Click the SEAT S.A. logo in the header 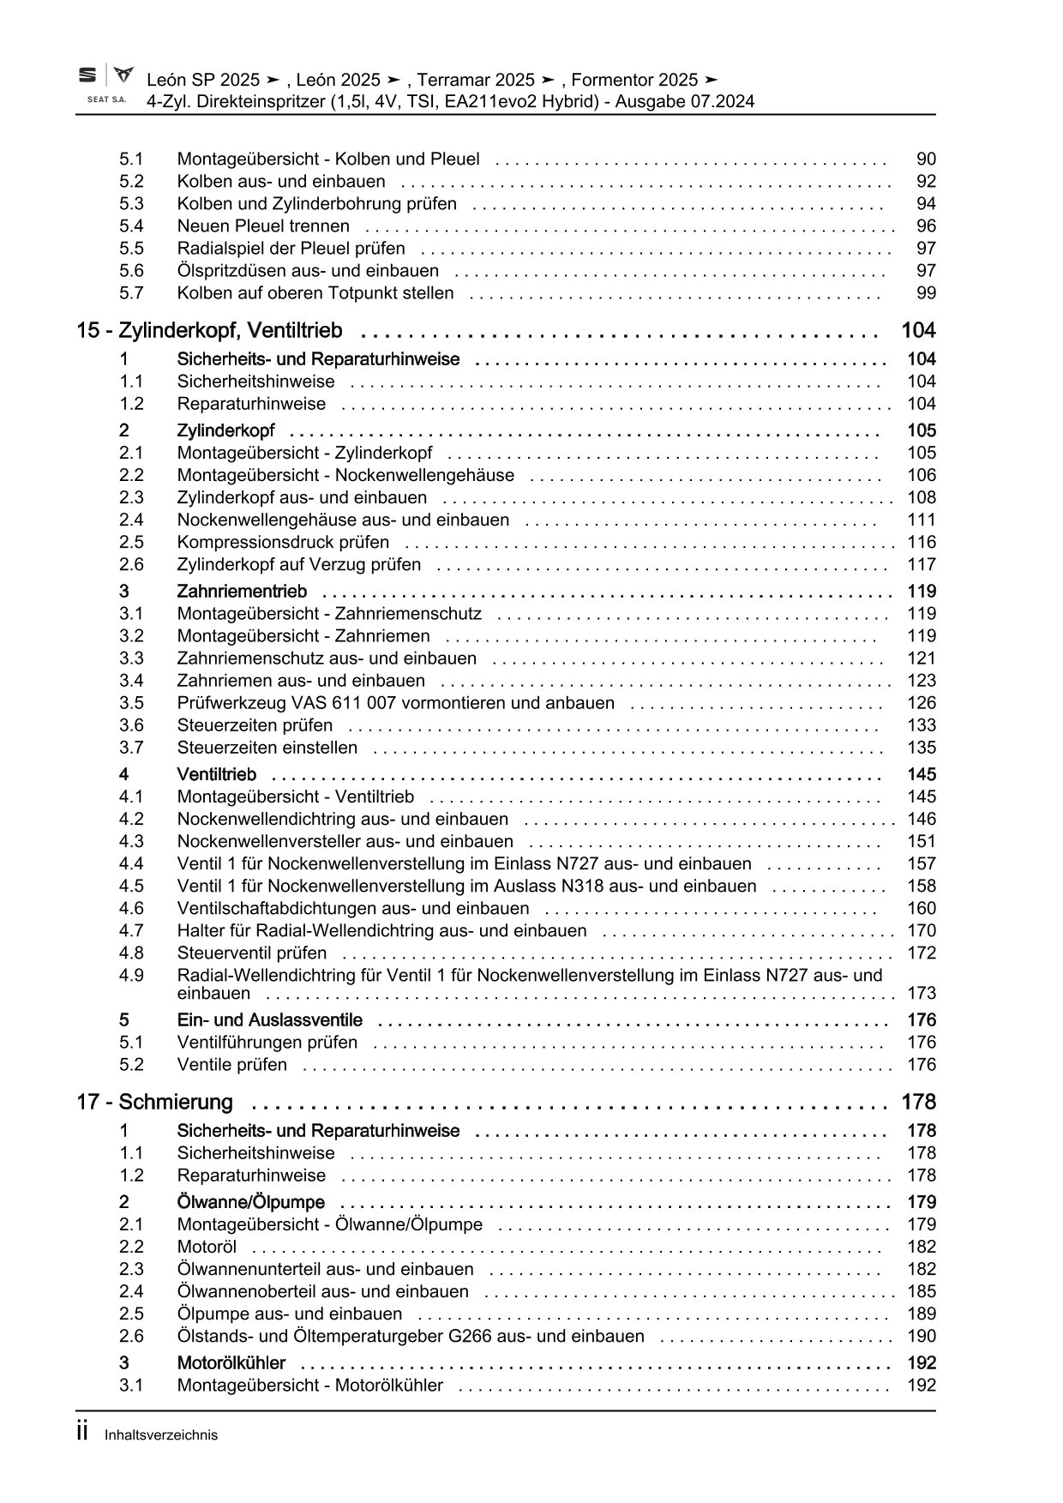[105, 85]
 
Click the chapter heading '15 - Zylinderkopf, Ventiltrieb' [209, 331]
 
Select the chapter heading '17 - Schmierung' [154, 1103]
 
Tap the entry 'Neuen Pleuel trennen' [263, 226]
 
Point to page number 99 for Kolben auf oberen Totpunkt [926, 293]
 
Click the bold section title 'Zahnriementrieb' [242, 592]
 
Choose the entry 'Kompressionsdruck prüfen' [283, 543]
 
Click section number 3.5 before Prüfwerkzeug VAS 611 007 [131, 703]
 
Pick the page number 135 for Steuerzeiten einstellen [922, 748]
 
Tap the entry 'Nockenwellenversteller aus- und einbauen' [345, 842]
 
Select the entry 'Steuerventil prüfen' [252, 953]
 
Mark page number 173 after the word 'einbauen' [922, 994]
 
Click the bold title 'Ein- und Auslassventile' [269, 1020]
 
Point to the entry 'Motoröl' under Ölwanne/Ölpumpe [207, 1247]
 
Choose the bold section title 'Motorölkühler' [231, 1363]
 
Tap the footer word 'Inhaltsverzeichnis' [161, 1435]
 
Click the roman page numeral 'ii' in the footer [83, 1433]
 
